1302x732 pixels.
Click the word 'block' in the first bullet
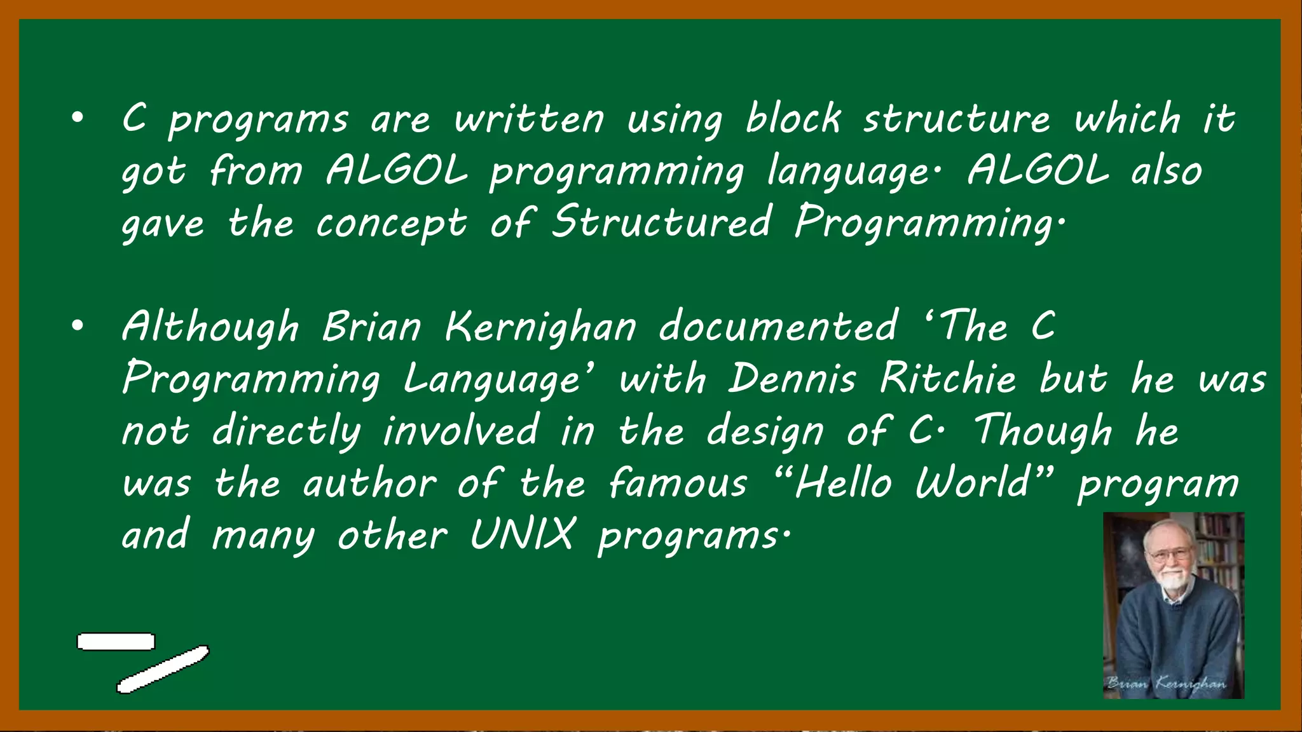(x=793, y=119)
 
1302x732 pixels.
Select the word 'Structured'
(x=661, y=222)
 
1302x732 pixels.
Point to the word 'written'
(x=529, y=119)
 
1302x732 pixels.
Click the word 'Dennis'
(x=792, y=379)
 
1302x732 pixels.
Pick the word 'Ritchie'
(x=948, y=379)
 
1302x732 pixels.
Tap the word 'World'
(x=973, y=483)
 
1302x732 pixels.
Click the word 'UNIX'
(x=523, y=534)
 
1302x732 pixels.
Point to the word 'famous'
(x=678, y=483)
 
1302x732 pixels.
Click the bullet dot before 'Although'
(x=78, y=326)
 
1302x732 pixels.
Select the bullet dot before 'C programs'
(x=78, y=118)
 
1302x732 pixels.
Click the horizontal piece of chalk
(x=116, y=642)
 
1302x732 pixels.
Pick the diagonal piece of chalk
(x=163, y=669)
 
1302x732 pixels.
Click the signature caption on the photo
(x=1166, y=684)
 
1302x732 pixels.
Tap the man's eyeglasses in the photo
(x=1168, y=554)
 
